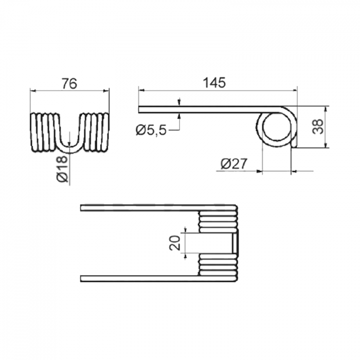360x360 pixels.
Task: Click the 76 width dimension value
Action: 69,83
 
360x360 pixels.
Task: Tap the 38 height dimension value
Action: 319,127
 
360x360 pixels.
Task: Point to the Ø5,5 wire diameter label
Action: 151,131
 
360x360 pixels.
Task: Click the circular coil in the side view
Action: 277,129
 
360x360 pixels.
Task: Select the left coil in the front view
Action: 44,133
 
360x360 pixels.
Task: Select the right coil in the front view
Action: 97,133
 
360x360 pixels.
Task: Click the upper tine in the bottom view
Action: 139,208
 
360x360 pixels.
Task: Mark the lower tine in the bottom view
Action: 139,278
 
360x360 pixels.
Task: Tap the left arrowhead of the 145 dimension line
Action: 141,91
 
